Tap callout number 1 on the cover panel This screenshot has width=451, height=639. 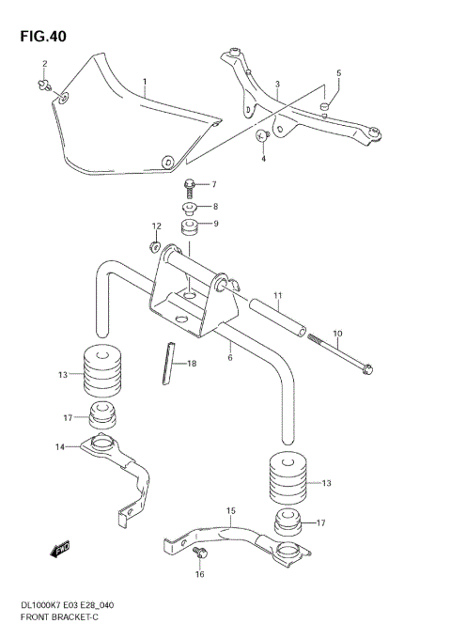point(145,83)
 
